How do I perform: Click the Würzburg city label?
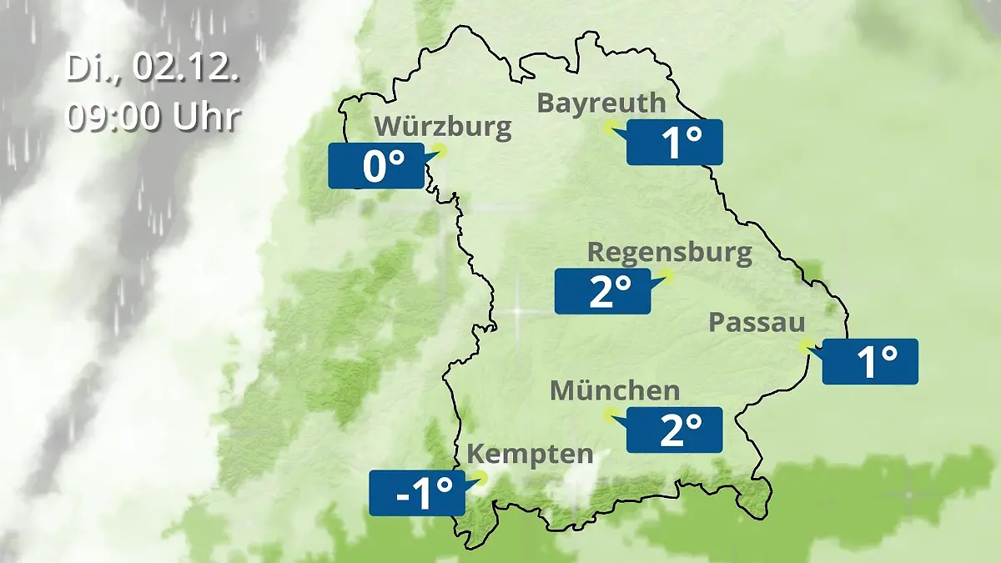pos(442,127)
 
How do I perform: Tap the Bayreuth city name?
pos(601,103)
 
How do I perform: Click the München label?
pos(615,390)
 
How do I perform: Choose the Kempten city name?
pos(530,455)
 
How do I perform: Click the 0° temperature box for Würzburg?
pos(375,166)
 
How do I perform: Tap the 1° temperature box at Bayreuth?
pos(675,143)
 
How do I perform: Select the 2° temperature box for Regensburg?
pos(602,291)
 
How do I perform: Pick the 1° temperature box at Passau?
pos(870,362)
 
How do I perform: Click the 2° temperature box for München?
pos(674,430)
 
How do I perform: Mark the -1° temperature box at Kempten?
pos(416,493)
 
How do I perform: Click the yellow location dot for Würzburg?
pos(440,151)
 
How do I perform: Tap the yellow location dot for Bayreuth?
pos(611,127)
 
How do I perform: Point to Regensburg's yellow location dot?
pos(666,274)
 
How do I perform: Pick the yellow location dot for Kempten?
pos(480,477)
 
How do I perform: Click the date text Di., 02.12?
pos(153,69)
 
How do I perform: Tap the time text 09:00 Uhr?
pos(153,117)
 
